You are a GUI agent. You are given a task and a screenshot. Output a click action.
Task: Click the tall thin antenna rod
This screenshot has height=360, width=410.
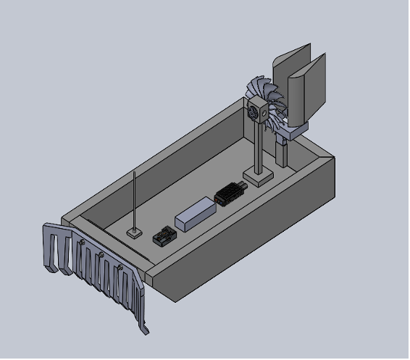pyautogui.click(x=135, y=199)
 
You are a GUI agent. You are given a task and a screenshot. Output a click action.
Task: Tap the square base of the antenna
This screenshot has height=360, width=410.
pyautogui.click(x=134, y=233)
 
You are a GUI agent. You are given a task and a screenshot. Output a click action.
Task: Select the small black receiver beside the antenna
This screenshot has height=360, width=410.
pyautogui.click(x=164, y=237)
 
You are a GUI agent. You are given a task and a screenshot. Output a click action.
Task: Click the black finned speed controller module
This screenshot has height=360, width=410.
pyautogui.click(x=230, y=193)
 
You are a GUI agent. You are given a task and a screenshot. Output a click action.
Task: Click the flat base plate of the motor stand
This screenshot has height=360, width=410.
pyautogui.click(x=259, y=175)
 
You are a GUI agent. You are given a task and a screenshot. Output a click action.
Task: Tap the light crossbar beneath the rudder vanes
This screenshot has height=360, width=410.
pyautogui.click(x=294, y=132)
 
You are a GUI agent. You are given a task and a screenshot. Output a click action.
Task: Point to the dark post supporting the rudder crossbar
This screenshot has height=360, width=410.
pyautogui.click(x=281, y=152)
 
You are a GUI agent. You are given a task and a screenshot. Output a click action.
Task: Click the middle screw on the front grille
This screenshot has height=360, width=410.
pyautogui.click(x=101, y=254)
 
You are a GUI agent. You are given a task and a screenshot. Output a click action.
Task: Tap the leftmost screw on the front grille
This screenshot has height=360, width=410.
pyautogui.click(x=82, y=242)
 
